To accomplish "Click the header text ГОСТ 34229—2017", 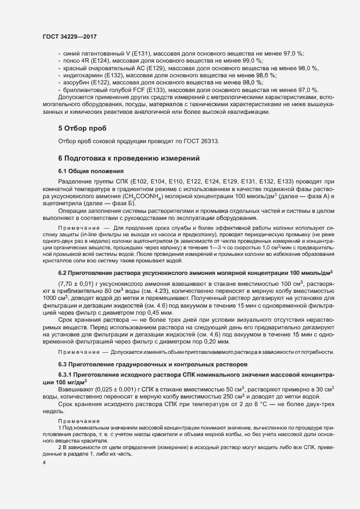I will (x=65, y=36).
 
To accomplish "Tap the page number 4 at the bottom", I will (x=45, y=462).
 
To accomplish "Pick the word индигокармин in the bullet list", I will (x=82, y=75).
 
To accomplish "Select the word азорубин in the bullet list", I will (x=76, y=82).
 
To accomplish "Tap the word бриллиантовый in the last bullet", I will (x=86, y=89).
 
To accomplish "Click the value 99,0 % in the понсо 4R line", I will (x=251, y=61).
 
